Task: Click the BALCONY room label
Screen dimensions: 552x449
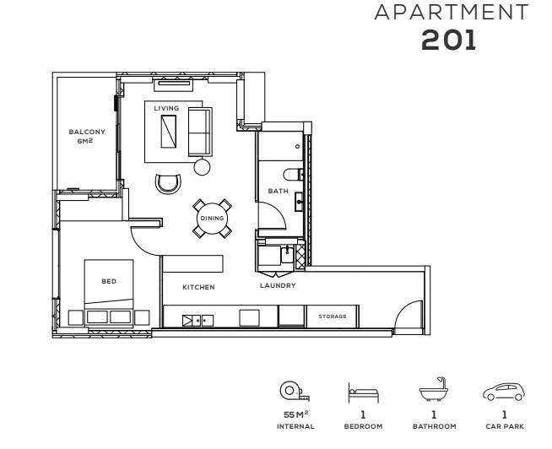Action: coord(87,132)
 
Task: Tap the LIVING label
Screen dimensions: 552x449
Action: coord(166,108)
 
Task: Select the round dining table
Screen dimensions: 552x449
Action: coord(213,219)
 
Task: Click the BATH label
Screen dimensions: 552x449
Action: coord(279,191)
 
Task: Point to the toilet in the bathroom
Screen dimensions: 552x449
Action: coord(292,174)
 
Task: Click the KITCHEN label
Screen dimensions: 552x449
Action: coord(198,287)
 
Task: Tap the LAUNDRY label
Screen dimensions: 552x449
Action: coord(278,285)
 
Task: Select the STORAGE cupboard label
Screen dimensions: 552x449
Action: coord(333,316)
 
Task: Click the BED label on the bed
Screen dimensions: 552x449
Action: coord(109,281)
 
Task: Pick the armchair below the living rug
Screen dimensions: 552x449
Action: coord(169,183)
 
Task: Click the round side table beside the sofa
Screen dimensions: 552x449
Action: coord(202,166)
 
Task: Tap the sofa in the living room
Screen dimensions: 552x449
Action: coord(200,132)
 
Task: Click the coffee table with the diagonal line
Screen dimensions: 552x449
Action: coord(169,132)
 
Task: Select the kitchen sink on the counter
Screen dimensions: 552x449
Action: coord(198,321)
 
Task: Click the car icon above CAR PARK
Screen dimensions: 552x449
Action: coord(504,392)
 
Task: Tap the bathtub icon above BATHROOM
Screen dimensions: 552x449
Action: coord(433,389)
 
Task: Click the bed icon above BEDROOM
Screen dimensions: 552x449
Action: coord(363,392)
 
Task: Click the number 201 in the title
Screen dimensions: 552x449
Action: coord(448,40)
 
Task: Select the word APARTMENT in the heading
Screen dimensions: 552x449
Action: coord(452,12)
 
